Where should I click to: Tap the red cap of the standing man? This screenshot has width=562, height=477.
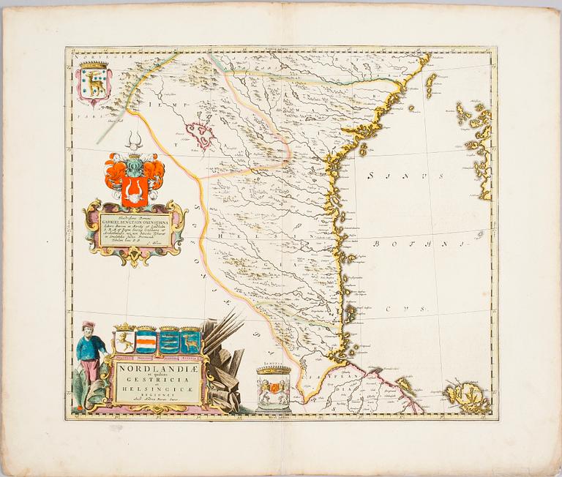pos(88,325)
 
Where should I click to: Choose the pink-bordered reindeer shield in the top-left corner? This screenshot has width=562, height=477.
pos(94,83)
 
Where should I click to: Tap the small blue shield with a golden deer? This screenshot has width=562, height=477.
pos(191,342)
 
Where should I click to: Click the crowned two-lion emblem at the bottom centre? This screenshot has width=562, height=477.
pos(274,389)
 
